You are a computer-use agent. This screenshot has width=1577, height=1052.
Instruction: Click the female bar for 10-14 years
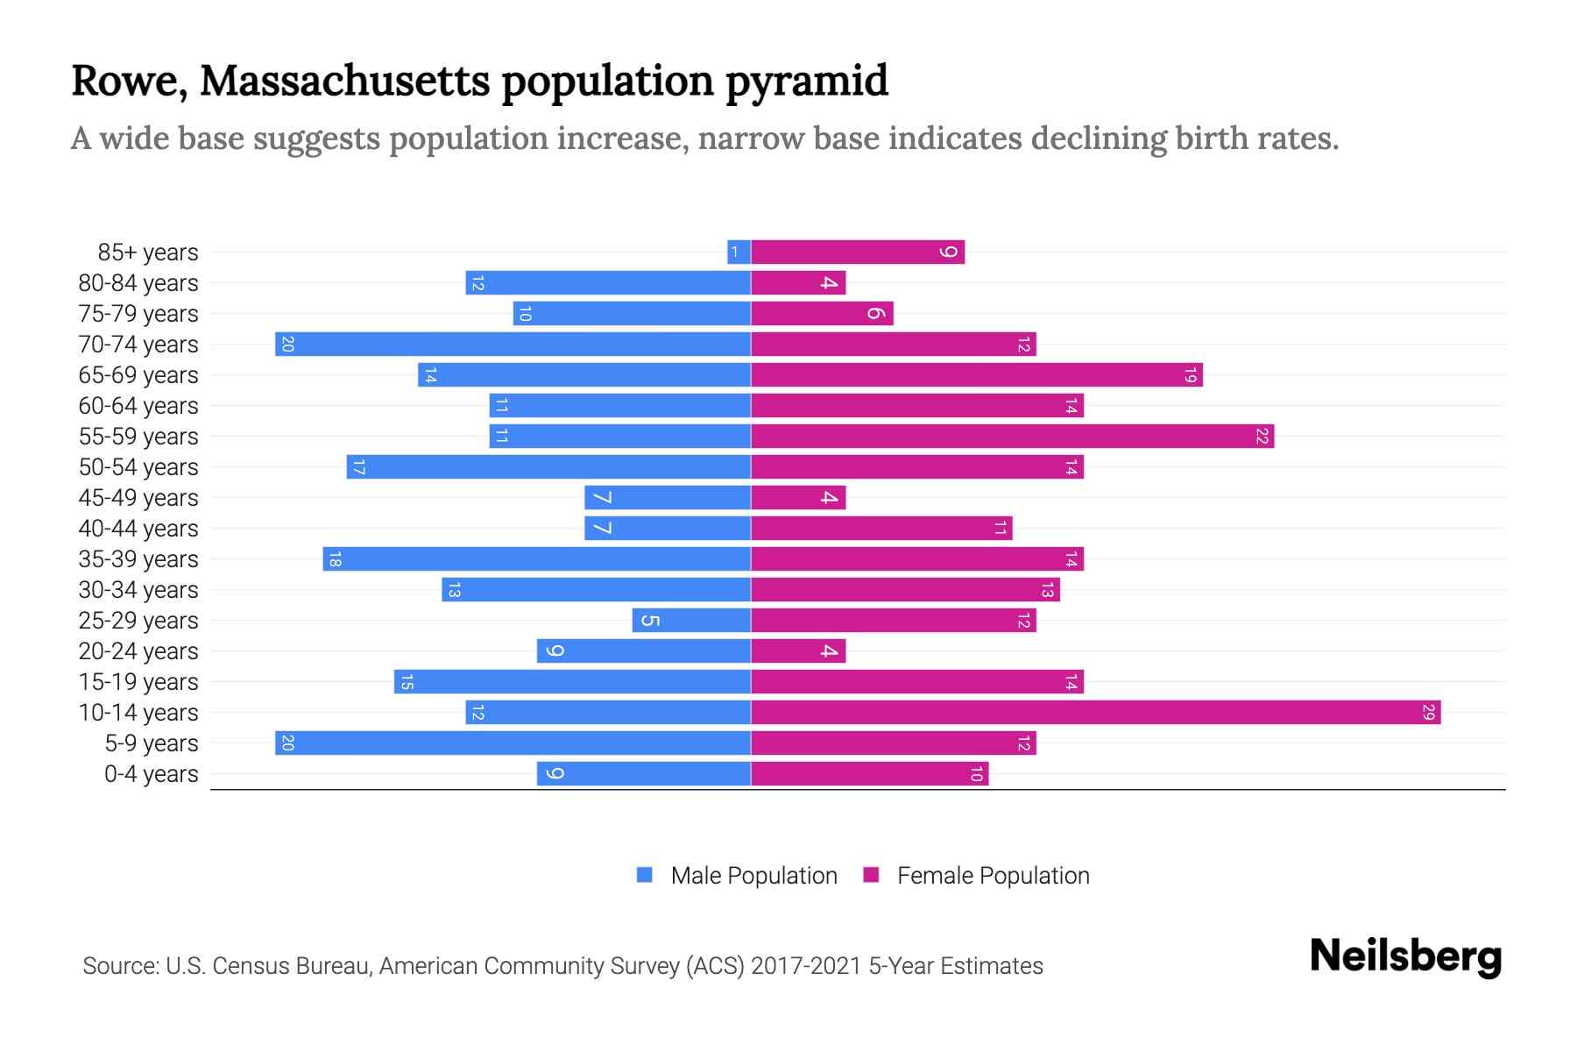tap(1095, 713)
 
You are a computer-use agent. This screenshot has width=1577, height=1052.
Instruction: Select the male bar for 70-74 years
tap(513, 345)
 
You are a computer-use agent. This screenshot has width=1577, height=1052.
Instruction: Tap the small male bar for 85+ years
tap(739, 252)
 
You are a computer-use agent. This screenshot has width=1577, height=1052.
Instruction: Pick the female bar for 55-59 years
tap(1012, 437)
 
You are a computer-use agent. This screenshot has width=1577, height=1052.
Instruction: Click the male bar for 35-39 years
tap(536, 559)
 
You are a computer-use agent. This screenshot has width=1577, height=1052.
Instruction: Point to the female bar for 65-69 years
tap(976, 375)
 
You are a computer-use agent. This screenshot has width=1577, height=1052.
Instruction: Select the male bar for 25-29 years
tap(691, 621)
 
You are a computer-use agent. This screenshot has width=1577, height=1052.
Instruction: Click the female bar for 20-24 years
tap(798, 651)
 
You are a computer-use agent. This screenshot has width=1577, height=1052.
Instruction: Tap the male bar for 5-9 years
tap(513, 743)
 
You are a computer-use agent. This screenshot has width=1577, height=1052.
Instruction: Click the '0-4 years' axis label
tap(151, 774)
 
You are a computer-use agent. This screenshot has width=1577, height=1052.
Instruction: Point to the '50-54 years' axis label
tap(138, 467)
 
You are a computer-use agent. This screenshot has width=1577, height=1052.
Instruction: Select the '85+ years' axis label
tap(148, 252)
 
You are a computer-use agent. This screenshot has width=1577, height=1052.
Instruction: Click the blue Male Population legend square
tap(645, 875)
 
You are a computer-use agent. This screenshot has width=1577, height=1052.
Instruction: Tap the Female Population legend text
tap(993, 876)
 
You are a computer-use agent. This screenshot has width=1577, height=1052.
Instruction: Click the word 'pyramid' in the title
tap(806, 81)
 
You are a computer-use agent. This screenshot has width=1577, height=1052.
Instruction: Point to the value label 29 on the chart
tap(1428, 713)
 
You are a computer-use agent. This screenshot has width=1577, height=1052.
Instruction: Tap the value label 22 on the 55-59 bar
tap(1262, 437)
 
